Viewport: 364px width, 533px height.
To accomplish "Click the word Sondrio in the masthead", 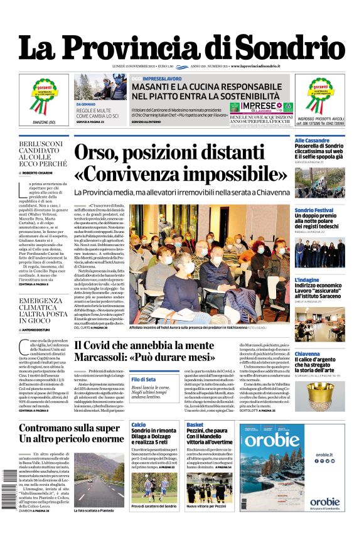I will [x=291, y=48].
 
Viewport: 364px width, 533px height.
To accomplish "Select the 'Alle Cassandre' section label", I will [x=313, y=140].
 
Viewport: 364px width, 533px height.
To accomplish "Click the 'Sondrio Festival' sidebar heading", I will [x=314, y=210].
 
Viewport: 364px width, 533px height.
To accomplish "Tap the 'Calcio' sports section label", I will [x=139, y=424].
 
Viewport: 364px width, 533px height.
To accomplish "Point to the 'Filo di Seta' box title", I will [x=144, y=379].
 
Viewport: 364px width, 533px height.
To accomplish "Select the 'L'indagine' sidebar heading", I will [x=307, y=280].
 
